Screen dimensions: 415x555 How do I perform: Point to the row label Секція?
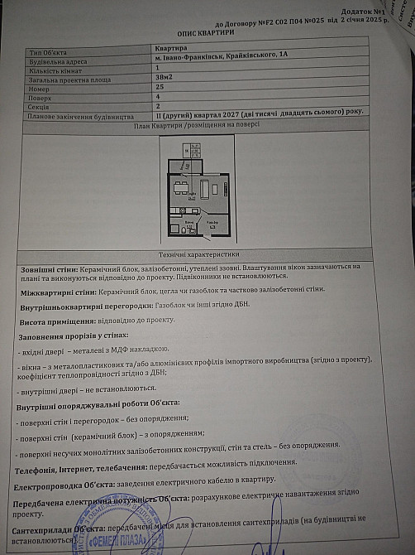[41, 106]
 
